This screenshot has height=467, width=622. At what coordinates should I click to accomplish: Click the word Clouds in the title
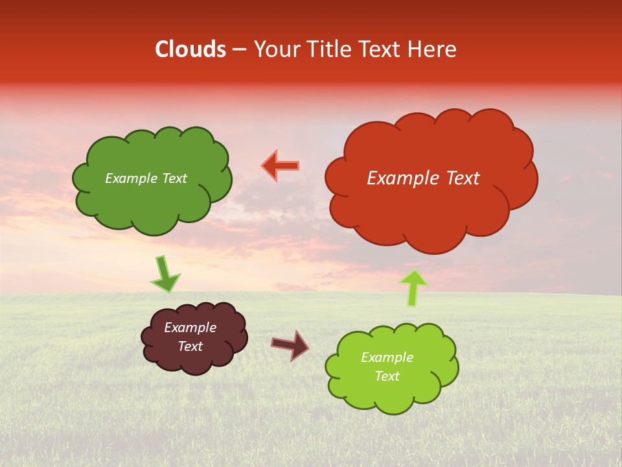pyautogui.click(x=190, y=49)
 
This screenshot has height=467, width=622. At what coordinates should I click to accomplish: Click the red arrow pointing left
pyautogui.click(x=281, y=166)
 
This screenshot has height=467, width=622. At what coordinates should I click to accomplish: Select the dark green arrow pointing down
pyautogui.click(x=165, y=274)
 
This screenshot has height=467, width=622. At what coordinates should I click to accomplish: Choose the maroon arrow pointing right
pyautogui.click(x=290, y=344)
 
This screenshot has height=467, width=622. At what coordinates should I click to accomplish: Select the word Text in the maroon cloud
pyautogui.click(x=190, y=346)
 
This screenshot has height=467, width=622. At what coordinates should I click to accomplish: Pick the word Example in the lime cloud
pyautogui.click(x=387, y=357)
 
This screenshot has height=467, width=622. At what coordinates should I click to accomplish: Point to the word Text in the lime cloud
pyautogui.click(x=387, y=376)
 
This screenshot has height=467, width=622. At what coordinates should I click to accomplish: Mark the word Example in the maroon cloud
pyautogui.click(x=190, y=328)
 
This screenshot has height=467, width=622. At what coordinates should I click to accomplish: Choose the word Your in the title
pyautogui.click(x=275, y=49)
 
